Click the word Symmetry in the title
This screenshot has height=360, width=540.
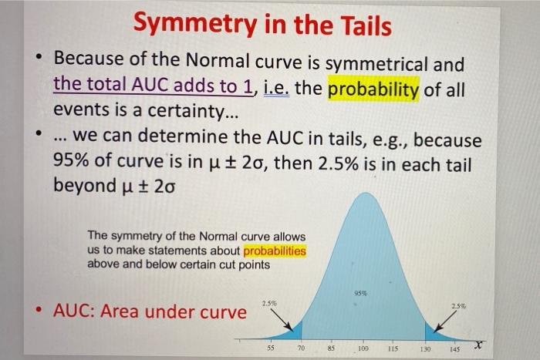(x=197, y=25)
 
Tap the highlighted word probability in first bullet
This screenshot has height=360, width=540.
(x=374, y=89)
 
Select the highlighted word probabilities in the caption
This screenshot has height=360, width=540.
(x=275, y=251)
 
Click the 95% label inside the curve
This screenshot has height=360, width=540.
(x=360, y=293)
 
